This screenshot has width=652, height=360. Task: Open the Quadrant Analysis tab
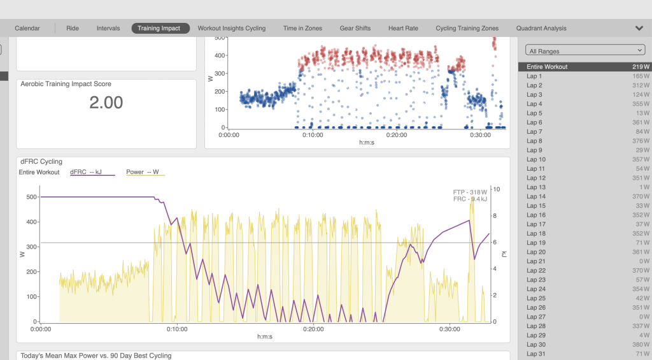(541, 28)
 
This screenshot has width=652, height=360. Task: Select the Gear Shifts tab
(355, 28)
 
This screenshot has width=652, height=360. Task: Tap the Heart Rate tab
(403, 28)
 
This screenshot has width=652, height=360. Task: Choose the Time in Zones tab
(302, 28)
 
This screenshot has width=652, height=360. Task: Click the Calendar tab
(27, 28)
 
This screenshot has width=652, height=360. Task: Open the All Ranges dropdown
(585, 50)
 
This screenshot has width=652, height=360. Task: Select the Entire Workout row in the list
(585, 67)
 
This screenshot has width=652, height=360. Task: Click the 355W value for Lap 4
(641, 104)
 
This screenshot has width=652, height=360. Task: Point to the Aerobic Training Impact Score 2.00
(106, 103)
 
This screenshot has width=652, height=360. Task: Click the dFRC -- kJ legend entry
(92, 172)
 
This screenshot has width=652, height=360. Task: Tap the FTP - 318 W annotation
(470, 192)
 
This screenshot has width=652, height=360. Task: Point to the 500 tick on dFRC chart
(32, 197)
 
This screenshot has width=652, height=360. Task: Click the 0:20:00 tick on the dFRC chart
(313, 329)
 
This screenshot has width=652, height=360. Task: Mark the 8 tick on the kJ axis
(494, 215)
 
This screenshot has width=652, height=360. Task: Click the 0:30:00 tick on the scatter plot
(480, 135)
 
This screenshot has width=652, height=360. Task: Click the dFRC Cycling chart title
(41, 161)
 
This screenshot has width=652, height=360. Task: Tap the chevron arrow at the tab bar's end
(639, 28)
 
